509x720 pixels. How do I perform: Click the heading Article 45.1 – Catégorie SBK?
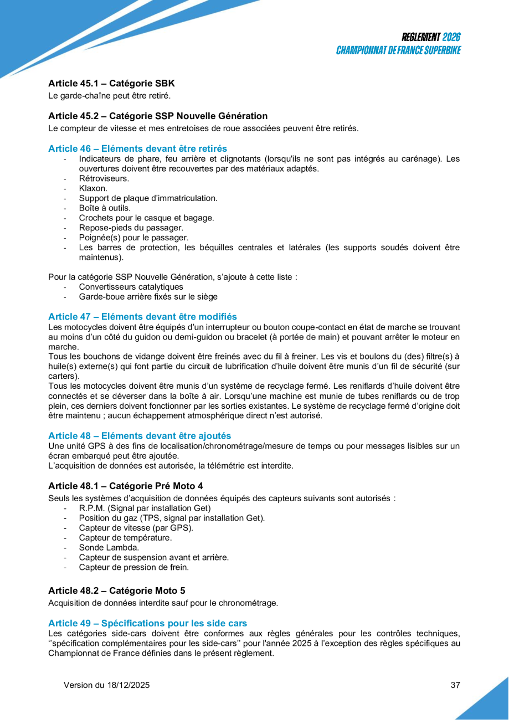pyautogui.click(x=111, y=84)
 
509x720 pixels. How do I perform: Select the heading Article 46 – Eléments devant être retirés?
pyautogui.click(x=137, y=148)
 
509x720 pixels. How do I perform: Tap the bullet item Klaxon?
pyautogui.click(x=93, y=188)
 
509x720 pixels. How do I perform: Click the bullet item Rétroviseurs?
pyautogui.click(x=104, y=178)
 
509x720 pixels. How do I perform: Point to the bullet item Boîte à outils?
pyautogui.click(x=105, y=208)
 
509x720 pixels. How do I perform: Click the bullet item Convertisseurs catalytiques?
pyautogui.click(x=131, y=287)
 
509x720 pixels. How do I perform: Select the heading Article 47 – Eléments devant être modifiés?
pyautogui.click(x=142, y=316)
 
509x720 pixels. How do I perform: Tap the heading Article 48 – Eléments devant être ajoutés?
pyautogui.click(x=140, y=435)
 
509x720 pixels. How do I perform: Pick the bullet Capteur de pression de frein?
pyautogui.click(x=133, y=567)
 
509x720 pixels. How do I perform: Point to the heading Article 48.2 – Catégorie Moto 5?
pyautogui.click(x=117, y=590)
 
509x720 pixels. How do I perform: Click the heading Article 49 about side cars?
pyautogui.click(x=147, y=623)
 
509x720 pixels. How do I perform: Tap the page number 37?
pyautogui.click(x=455, y=685)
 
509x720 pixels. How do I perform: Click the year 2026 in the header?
pyautogui.click(x=451, y=38)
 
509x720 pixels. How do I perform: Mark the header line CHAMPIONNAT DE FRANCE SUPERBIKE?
pyautogui.click(x=399, y=50)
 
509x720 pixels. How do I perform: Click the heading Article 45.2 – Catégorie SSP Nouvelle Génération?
pyautogui.click(x=158, y=116)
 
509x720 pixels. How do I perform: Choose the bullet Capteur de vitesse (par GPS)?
pyautogui.click(x=136, y=527)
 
